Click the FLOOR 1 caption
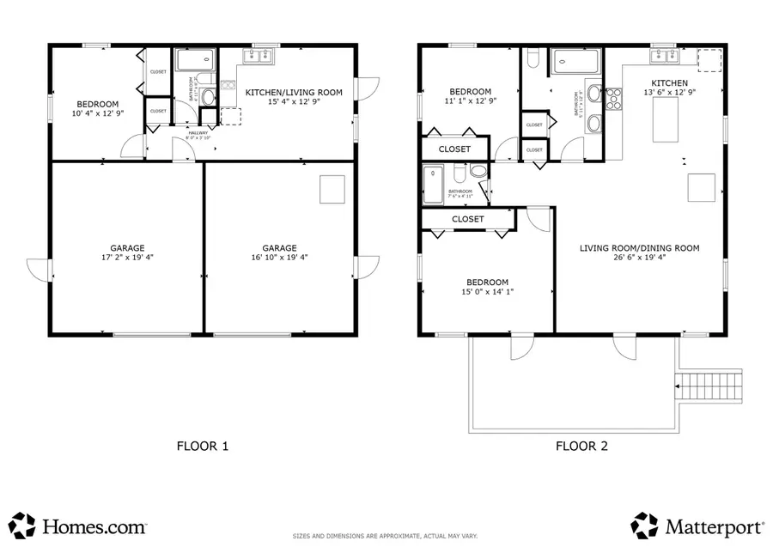pos(202,446)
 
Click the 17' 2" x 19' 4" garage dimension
pos(126,256)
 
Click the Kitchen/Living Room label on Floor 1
pos(294,92)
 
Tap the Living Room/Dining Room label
pos(639,248)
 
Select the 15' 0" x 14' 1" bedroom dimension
pos(487,292)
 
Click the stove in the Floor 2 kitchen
pos(614,100)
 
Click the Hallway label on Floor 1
pos(199,133)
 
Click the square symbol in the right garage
pos(332,189)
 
